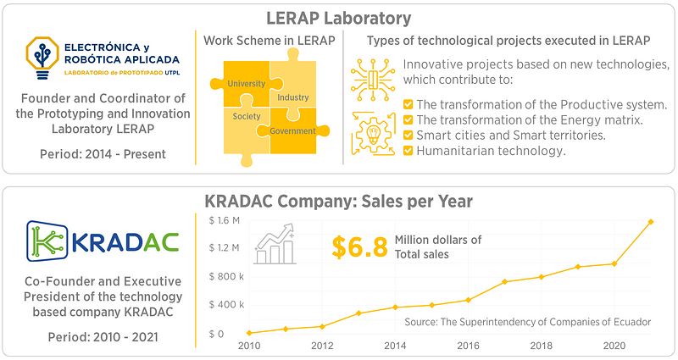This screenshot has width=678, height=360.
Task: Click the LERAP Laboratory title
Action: [339, 18]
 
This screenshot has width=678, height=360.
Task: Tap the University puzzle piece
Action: [245, 83]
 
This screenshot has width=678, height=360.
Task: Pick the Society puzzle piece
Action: [246, 116]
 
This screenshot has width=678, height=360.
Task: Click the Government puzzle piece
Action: [292, 130]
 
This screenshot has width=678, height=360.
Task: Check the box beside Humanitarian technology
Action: [408, 151]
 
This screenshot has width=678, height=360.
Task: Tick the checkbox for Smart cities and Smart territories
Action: [408, 135]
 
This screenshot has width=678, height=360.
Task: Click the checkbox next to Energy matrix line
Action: [408, 119]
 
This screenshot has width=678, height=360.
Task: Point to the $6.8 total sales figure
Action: [359, 247]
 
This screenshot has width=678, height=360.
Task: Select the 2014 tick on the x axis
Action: [395, 346]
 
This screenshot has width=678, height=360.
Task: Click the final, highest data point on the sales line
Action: [651, 221]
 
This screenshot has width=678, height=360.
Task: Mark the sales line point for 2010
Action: [249, 333]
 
